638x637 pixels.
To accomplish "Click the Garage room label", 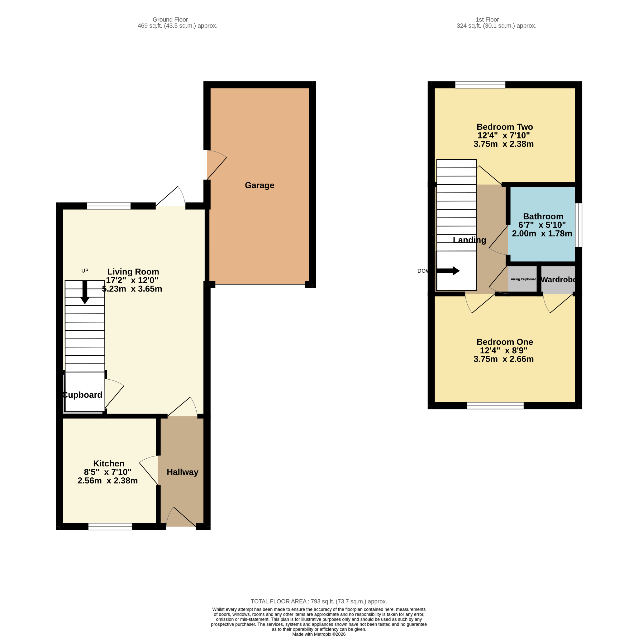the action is [259, 185].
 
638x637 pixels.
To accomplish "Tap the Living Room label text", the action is [133, 272].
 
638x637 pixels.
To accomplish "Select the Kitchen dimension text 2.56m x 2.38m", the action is [108, 481].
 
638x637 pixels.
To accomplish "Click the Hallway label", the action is [182, 472].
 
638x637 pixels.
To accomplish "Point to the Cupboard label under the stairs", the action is [82, 395].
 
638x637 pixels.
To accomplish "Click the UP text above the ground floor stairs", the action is [85, 271].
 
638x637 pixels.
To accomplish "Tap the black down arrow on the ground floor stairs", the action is [85, 292].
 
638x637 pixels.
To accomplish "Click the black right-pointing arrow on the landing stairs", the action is [448, 271].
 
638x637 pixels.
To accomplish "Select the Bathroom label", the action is [543, 216].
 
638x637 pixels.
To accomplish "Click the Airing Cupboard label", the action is [523, 279].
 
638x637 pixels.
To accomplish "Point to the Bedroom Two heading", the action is [505, 127].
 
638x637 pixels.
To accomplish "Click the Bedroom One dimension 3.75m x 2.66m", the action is [504, 359].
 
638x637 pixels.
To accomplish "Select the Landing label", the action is [469, 240].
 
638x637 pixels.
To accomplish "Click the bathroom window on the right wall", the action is [578, 225].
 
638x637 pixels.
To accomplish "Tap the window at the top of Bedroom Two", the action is [480, 85].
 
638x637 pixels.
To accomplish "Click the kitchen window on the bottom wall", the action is [110, 527].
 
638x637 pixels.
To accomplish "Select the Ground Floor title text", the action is [170, 20].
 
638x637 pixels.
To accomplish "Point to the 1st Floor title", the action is [487, 20].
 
